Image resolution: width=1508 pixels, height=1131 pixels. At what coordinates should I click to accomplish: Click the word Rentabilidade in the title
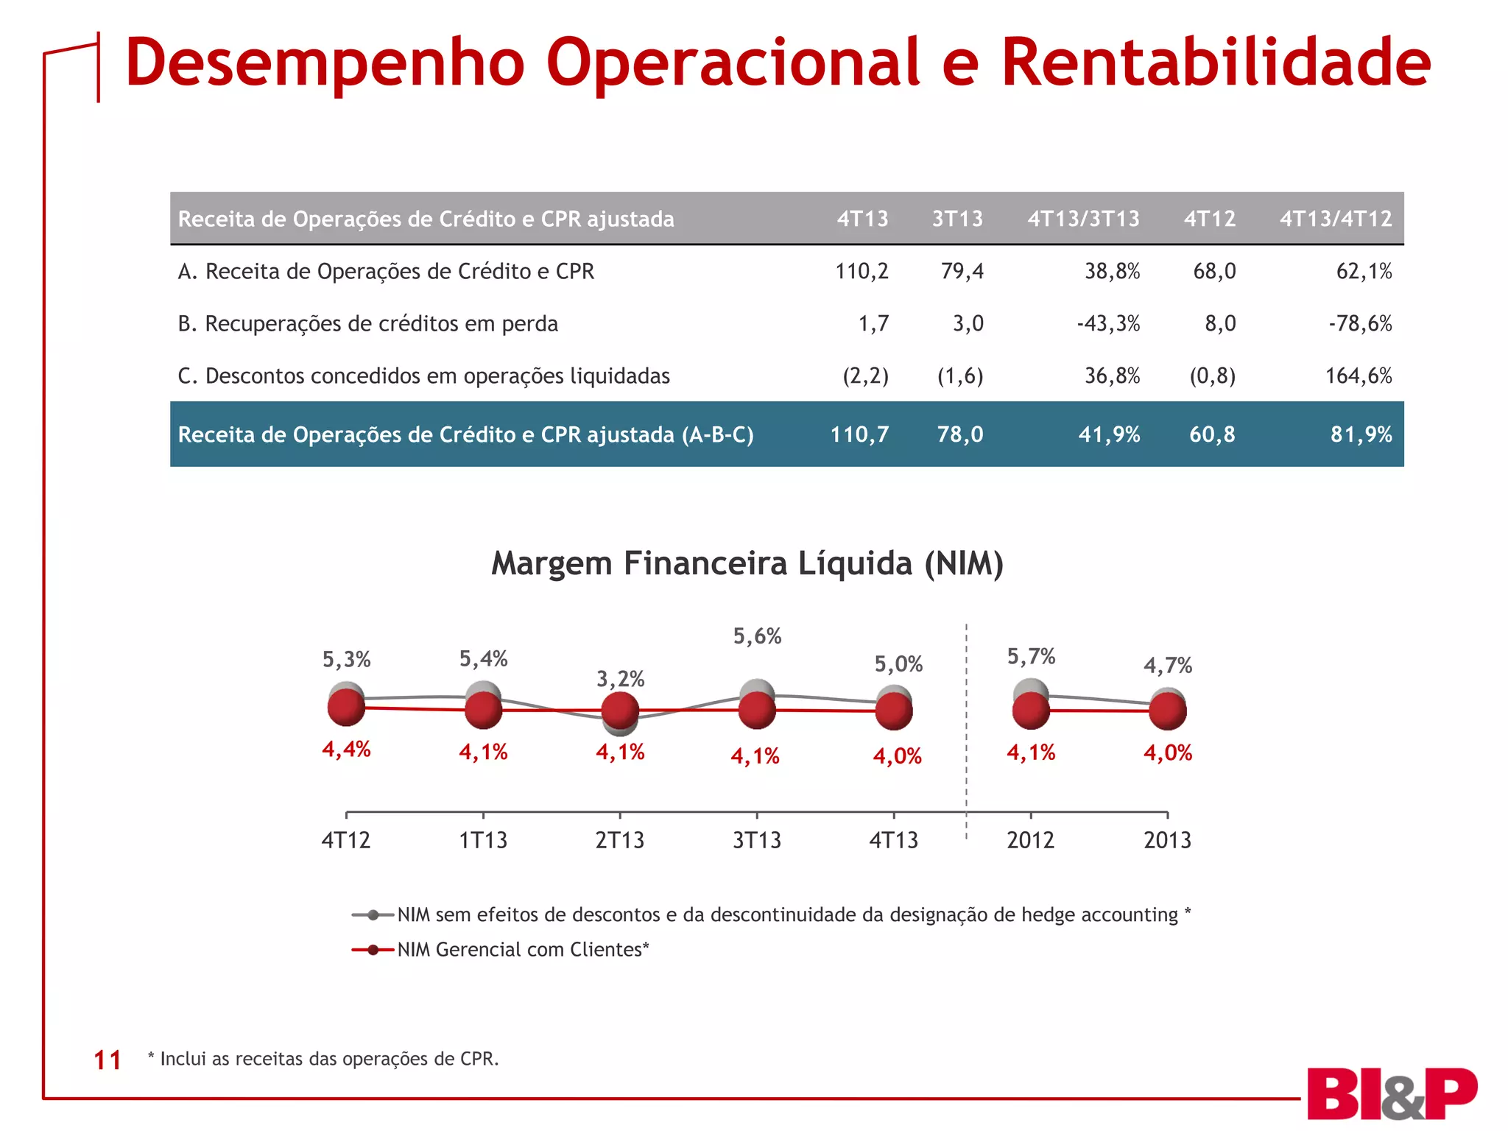(1215, 63)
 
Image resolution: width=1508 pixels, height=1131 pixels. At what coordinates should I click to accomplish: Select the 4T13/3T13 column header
(1083, 219)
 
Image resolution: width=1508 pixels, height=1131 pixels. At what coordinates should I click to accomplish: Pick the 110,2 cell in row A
(862, 272)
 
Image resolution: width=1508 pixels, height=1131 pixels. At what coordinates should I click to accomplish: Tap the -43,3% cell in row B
(1108, 324)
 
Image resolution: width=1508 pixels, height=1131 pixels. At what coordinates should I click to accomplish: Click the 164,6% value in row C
(1359, 376)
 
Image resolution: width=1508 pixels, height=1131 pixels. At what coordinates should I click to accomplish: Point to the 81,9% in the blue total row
(1361, 434)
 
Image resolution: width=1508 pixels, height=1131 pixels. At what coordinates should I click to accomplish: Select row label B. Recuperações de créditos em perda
(368, 324)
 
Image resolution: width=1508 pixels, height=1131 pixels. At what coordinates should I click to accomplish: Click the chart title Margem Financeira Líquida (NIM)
(747, 563)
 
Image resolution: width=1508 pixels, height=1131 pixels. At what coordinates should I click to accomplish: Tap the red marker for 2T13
(620, 711)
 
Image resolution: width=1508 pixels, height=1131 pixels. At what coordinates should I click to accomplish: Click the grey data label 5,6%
(757, 636)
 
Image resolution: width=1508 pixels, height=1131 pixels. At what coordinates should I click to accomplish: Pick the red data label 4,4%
(346, 750)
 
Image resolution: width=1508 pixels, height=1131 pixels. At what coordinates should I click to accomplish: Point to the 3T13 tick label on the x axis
(757, 840)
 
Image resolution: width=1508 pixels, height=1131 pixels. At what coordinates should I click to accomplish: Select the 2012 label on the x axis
(1030, 840)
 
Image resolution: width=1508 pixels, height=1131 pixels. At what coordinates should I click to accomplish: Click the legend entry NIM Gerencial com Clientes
(523, 950)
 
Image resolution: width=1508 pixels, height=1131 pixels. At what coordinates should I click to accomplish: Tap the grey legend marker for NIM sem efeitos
(373, 915)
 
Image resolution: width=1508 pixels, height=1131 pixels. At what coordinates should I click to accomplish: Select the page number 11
(108, 1060)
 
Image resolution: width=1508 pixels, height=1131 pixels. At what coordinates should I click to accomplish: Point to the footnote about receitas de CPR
(324, 1059)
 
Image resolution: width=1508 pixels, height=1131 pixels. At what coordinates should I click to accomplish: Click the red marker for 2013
(1168, 711)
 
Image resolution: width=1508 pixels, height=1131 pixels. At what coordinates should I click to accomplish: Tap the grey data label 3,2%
(620, 679)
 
